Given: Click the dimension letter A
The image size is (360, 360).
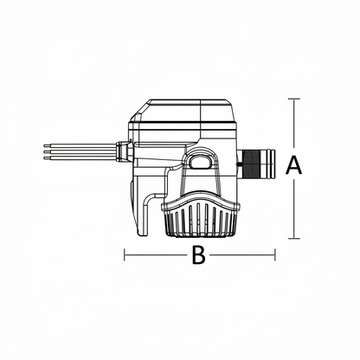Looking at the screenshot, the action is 293,165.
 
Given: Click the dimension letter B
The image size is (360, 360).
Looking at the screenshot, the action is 199,255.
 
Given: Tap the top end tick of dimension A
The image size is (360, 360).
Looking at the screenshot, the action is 294,99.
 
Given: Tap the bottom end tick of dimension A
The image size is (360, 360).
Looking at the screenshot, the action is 294,239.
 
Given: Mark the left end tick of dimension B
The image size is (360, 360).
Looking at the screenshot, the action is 125,255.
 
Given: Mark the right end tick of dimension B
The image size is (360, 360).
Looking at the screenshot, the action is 275,255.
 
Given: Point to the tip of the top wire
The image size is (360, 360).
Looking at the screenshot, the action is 44,146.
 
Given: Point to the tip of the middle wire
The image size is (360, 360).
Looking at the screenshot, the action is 44,151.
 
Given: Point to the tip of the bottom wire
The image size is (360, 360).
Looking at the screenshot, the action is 44,157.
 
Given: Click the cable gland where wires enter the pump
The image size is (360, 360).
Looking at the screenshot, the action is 124,151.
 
